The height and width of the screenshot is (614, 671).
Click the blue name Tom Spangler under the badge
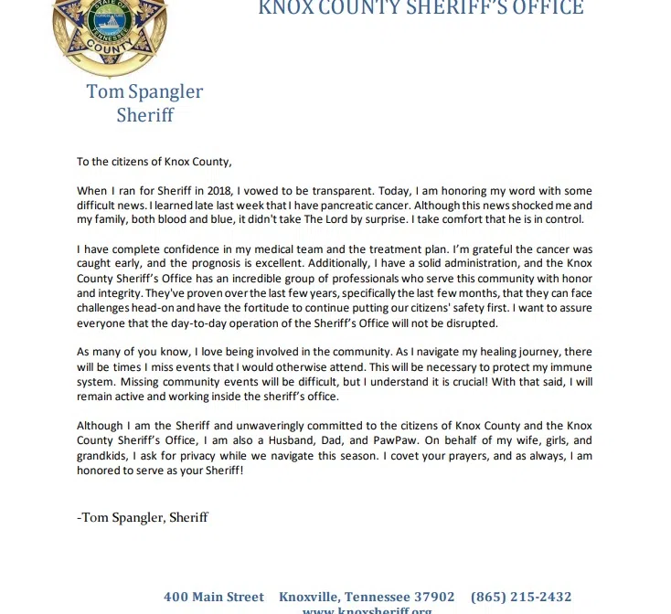tap(144, 91)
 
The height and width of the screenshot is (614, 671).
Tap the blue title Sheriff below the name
tap(144, 115)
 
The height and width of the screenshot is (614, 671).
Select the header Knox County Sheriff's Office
tap(421, 8)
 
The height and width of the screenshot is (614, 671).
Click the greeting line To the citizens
tap(154, 162)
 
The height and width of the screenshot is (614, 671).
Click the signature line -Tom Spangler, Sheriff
tap(143, 517)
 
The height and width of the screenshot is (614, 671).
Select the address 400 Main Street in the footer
tap(214, 597)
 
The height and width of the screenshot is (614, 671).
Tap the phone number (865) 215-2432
tap(521, 597)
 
